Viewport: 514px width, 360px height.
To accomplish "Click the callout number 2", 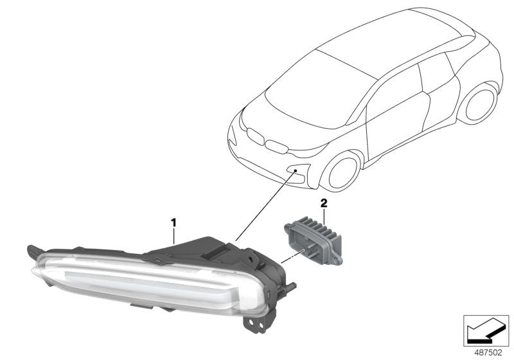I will (x=324, y=203).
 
